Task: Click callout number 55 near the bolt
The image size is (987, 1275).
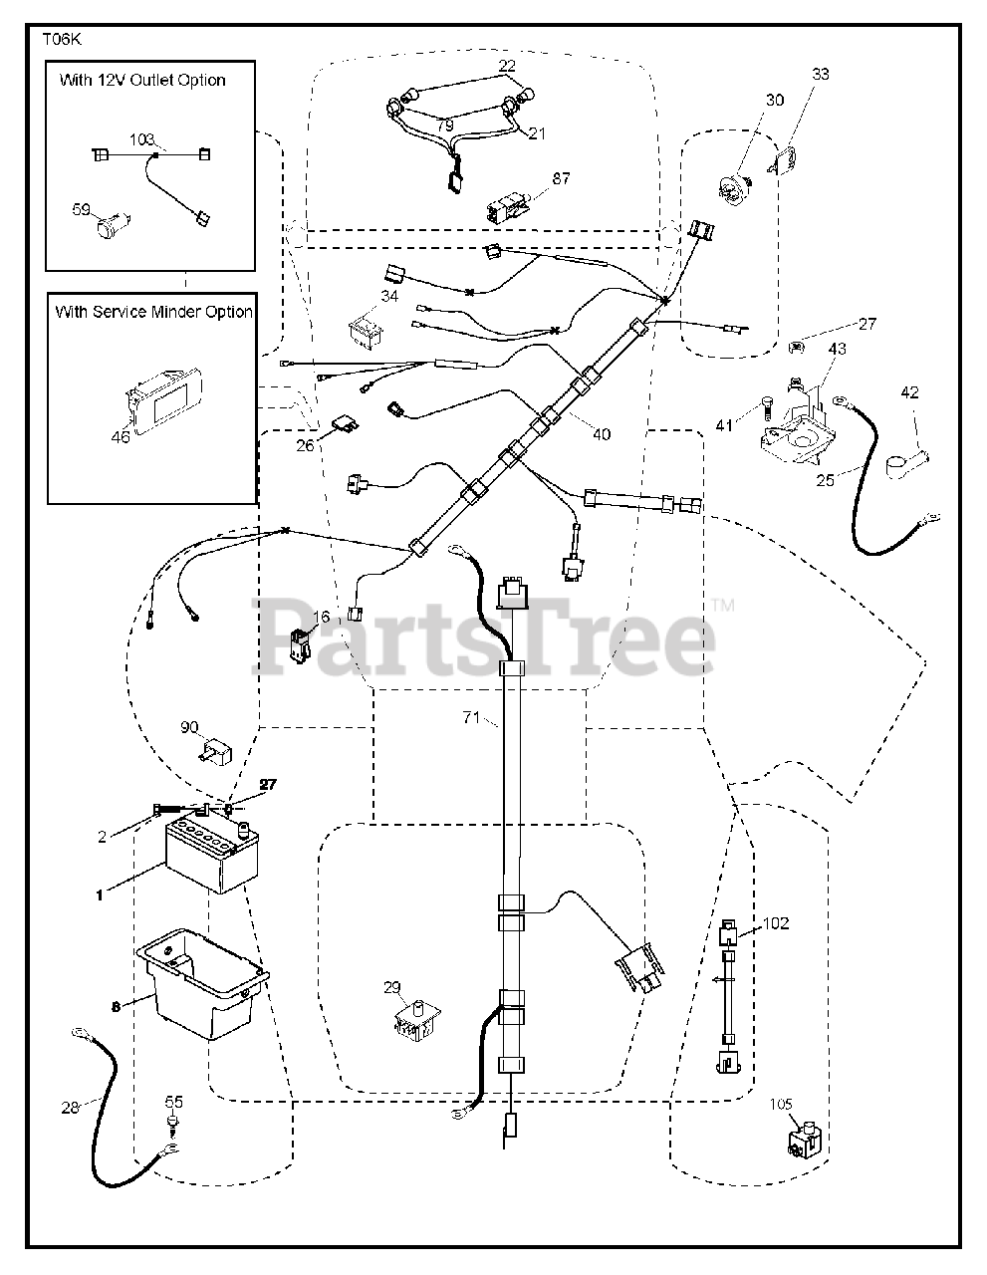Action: pyautogui.click(x=174, y=1102)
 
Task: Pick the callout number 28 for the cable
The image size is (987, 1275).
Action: pyautogui.click(x=70, y=1107)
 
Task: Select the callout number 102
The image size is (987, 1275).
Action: pyautogui.click(x=776, y=923)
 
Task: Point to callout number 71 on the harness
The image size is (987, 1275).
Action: pyautogui.click(x=472, y=717)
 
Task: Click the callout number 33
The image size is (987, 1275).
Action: pyautogui.click(x=820, y=74)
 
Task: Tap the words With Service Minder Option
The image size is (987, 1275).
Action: pyautogui.click(x=153, y=312)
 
